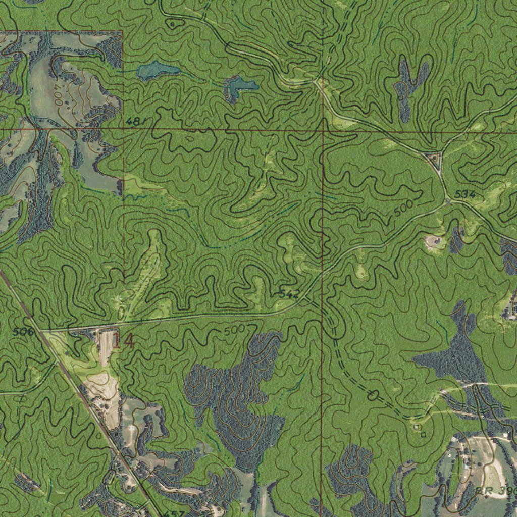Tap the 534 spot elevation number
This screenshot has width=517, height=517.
[x=464, y=194]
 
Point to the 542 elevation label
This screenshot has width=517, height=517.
[x=289, y=294]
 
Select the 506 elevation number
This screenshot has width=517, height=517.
[x=23, y=332]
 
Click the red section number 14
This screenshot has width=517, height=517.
[x=123, y=341]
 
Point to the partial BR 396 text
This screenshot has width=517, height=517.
[x=492, y=491]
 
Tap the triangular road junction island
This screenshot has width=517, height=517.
[x=434, y=160]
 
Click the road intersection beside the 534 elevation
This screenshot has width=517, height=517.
[x=449, y=200]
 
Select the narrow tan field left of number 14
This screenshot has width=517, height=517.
[x=105, y=348]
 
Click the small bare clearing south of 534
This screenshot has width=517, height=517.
[x=433, y=242]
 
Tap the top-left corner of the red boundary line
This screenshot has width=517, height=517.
[x=123, y=31]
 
